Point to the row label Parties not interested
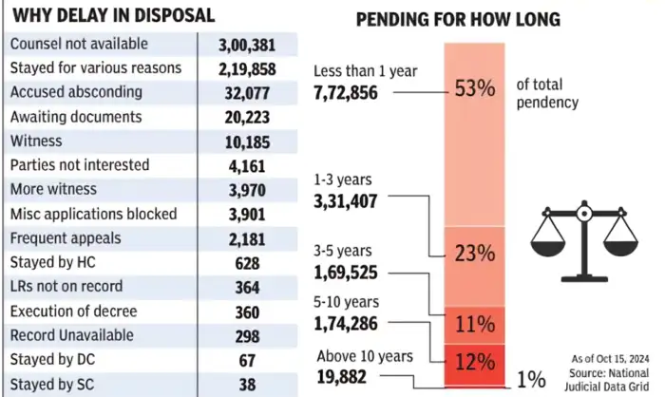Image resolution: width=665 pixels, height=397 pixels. (x=79, y=165)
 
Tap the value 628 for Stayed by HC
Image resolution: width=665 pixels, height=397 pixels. (x=246, y=263)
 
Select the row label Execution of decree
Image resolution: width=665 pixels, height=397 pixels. (x=73, y=312)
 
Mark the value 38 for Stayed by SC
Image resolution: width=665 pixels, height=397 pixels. (x=246, y=385)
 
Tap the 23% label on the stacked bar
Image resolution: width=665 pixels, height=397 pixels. (x=473, y=254)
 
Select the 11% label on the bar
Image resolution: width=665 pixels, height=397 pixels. (x=473, y=324)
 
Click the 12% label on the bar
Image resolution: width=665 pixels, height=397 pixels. (x=473, y=362)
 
